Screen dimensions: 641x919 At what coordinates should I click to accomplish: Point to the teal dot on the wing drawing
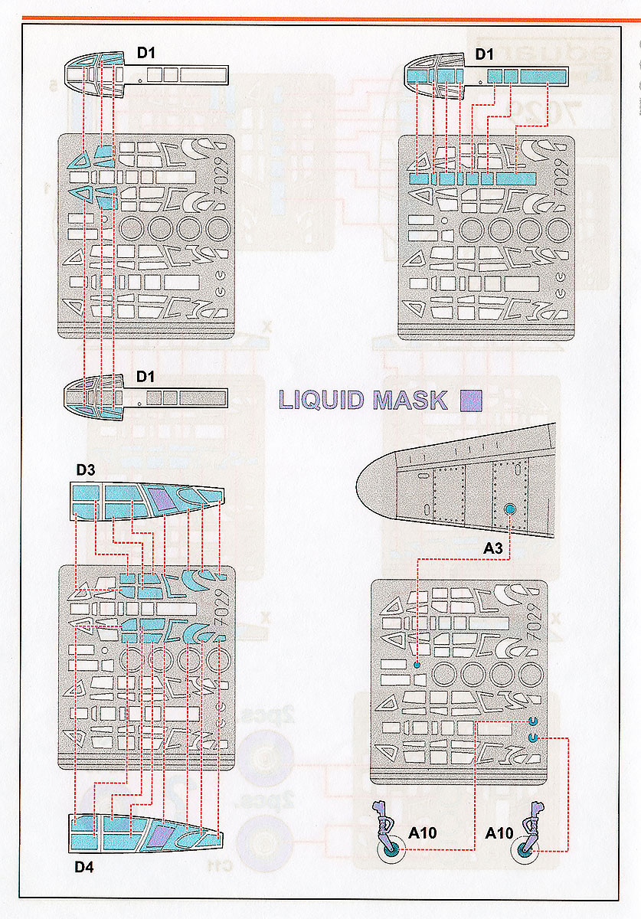click(510, 507)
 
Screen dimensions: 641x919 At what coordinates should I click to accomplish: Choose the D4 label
click(85, 866)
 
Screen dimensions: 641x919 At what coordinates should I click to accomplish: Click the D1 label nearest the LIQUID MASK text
click(146, 378)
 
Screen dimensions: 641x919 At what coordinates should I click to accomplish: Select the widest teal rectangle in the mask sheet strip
click(513, 178)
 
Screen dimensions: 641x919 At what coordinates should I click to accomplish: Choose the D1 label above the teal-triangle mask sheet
click(147, 54)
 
